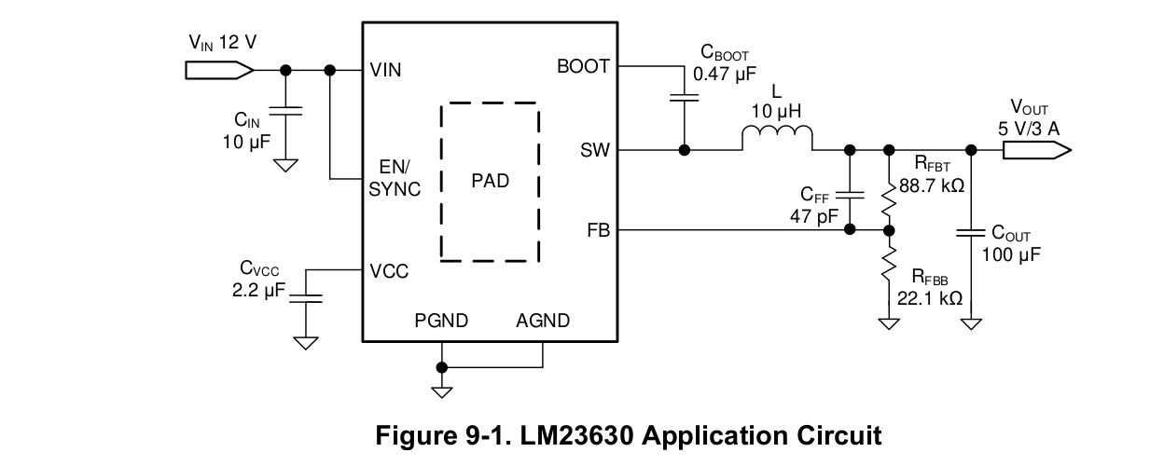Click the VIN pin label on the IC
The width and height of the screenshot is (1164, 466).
tap(386, 70)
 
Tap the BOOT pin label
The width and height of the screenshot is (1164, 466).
tap(583, 67)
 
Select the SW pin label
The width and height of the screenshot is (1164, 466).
tap(595, 150)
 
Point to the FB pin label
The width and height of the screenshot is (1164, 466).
tap(598, 230)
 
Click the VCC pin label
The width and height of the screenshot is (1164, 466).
tap(389, 271)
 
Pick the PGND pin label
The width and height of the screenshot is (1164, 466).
tap(441, 322)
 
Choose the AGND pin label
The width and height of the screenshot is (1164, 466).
tap(543, 322)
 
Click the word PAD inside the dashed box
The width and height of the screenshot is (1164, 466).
tap(491, 181)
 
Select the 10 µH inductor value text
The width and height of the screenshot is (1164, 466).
tap(776, 111)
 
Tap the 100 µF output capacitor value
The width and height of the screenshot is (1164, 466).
tap(1011, 254)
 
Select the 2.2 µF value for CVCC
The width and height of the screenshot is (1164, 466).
tap(257, 291)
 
